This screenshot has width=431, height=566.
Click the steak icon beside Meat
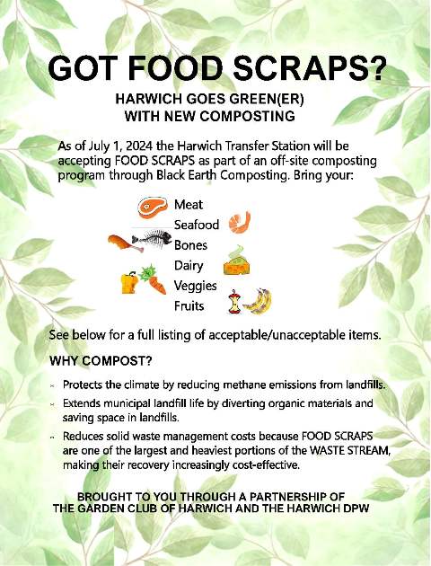[153, 208]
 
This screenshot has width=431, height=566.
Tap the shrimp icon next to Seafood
[240, 223]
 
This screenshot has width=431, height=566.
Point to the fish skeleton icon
[152, 239]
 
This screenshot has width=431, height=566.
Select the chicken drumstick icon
[125, 243]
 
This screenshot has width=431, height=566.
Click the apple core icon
[234, 302]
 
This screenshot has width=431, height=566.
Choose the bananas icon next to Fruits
[258, 301]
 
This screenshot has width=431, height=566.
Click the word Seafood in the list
[197, 225]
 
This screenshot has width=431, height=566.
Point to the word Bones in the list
[190, 245]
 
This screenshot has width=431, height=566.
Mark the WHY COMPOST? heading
[101, 361]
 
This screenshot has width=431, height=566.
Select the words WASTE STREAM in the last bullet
[349, 451]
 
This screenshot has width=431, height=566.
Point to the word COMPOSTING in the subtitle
[248, 117]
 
